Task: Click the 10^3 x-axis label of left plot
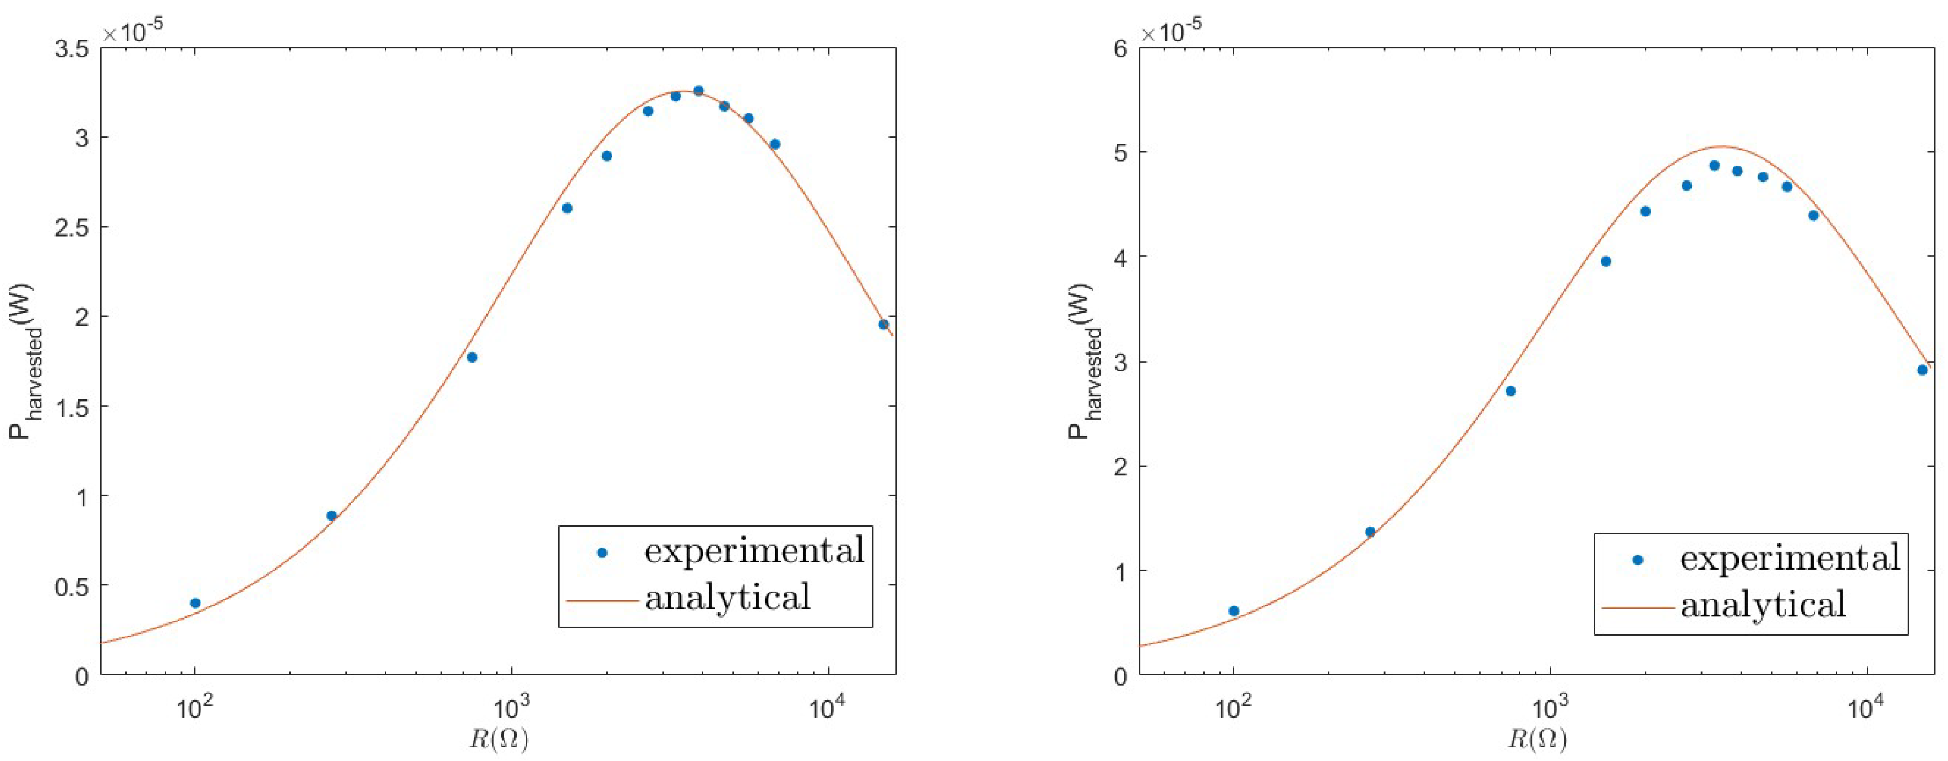click(x=511, y=711)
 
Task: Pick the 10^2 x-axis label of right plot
click(x=1233, y=711)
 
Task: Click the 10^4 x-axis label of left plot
click(x=828, y=711)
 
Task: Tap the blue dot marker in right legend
click(x=1638, y=561)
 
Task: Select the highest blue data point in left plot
click(x=698, y=91)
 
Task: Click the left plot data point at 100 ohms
click(x=195, y=603)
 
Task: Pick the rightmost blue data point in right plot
click(x=1922, y=370)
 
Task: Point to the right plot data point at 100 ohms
click(x=1233, y=610)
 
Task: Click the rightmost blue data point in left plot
click(x=883, y=324)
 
